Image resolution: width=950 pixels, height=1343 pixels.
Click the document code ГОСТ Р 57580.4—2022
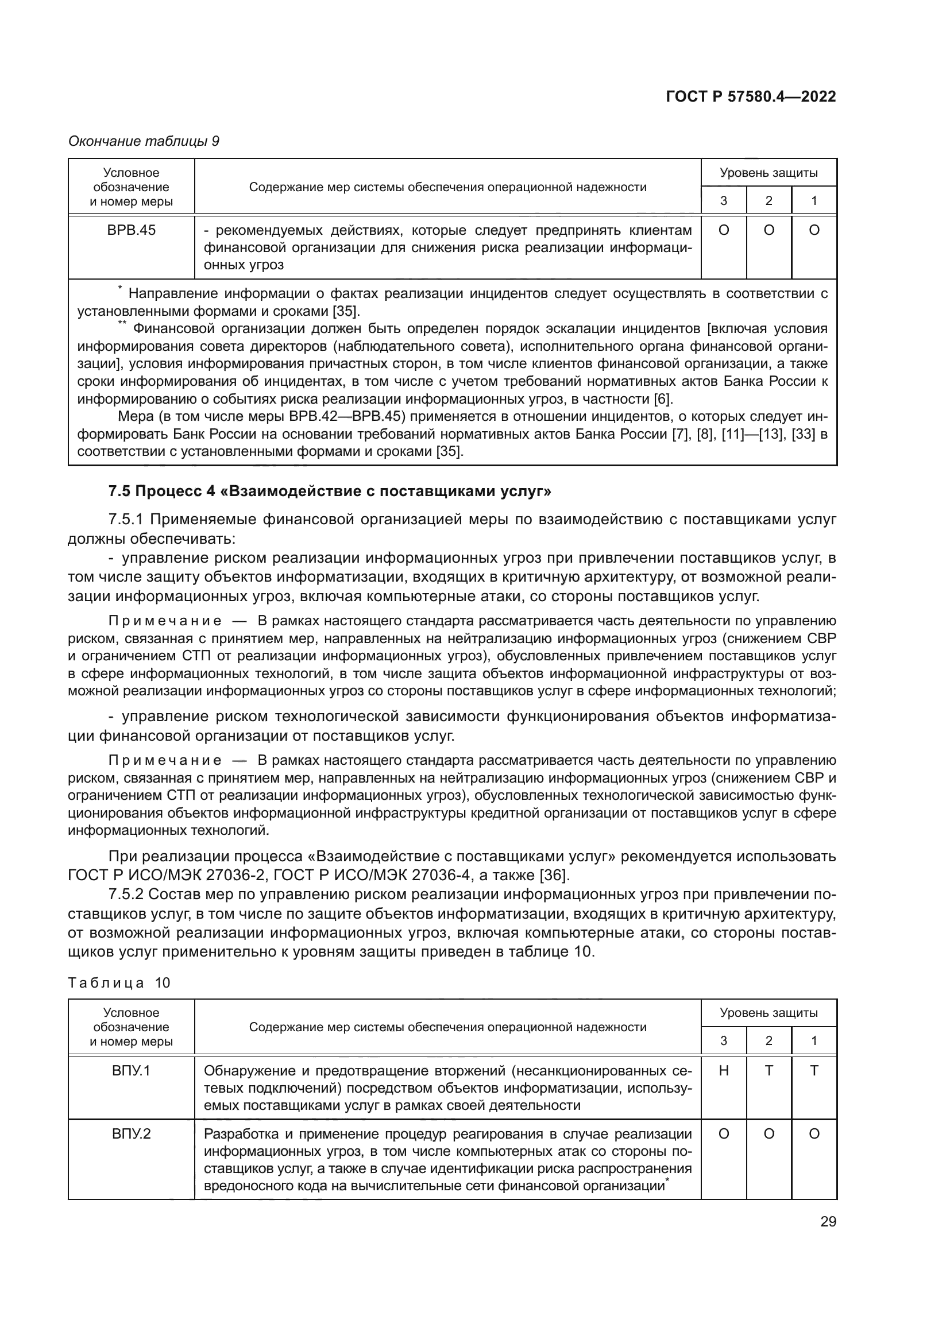tap(751, 97)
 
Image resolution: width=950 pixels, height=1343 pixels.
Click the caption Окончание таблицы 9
tap(144, 141)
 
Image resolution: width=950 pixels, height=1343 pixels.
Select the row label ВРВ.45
tap(131, 230)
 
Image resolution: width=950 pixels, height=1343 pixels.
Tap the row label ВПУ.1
tap(131, 1070)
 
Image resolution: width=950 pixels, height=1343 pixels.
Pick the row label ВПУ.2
tap(131, 1133)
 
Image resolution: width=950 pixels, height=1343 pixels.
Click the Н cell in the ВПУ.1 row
tap(723, 1070)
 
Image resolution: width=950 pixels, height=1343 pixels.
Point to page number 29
tap(828, 1221)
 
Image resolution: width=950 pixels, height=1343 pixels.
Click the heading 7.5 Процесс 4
tap(329, 491)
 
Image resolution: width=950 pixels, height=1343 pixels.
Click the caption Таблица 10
tap(119, 982)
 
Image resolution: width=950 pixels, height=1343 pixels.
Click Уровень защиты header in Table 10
tap(768, 1013)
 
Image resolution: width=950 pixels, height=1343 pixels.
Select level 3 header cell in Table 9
tap(723, 200)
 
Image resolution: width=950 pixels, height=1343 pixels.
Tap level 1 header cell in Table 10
tap(814, 1040)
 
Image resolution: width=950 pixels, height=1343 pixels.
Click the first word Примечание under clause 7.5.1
tap(165, 621)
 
